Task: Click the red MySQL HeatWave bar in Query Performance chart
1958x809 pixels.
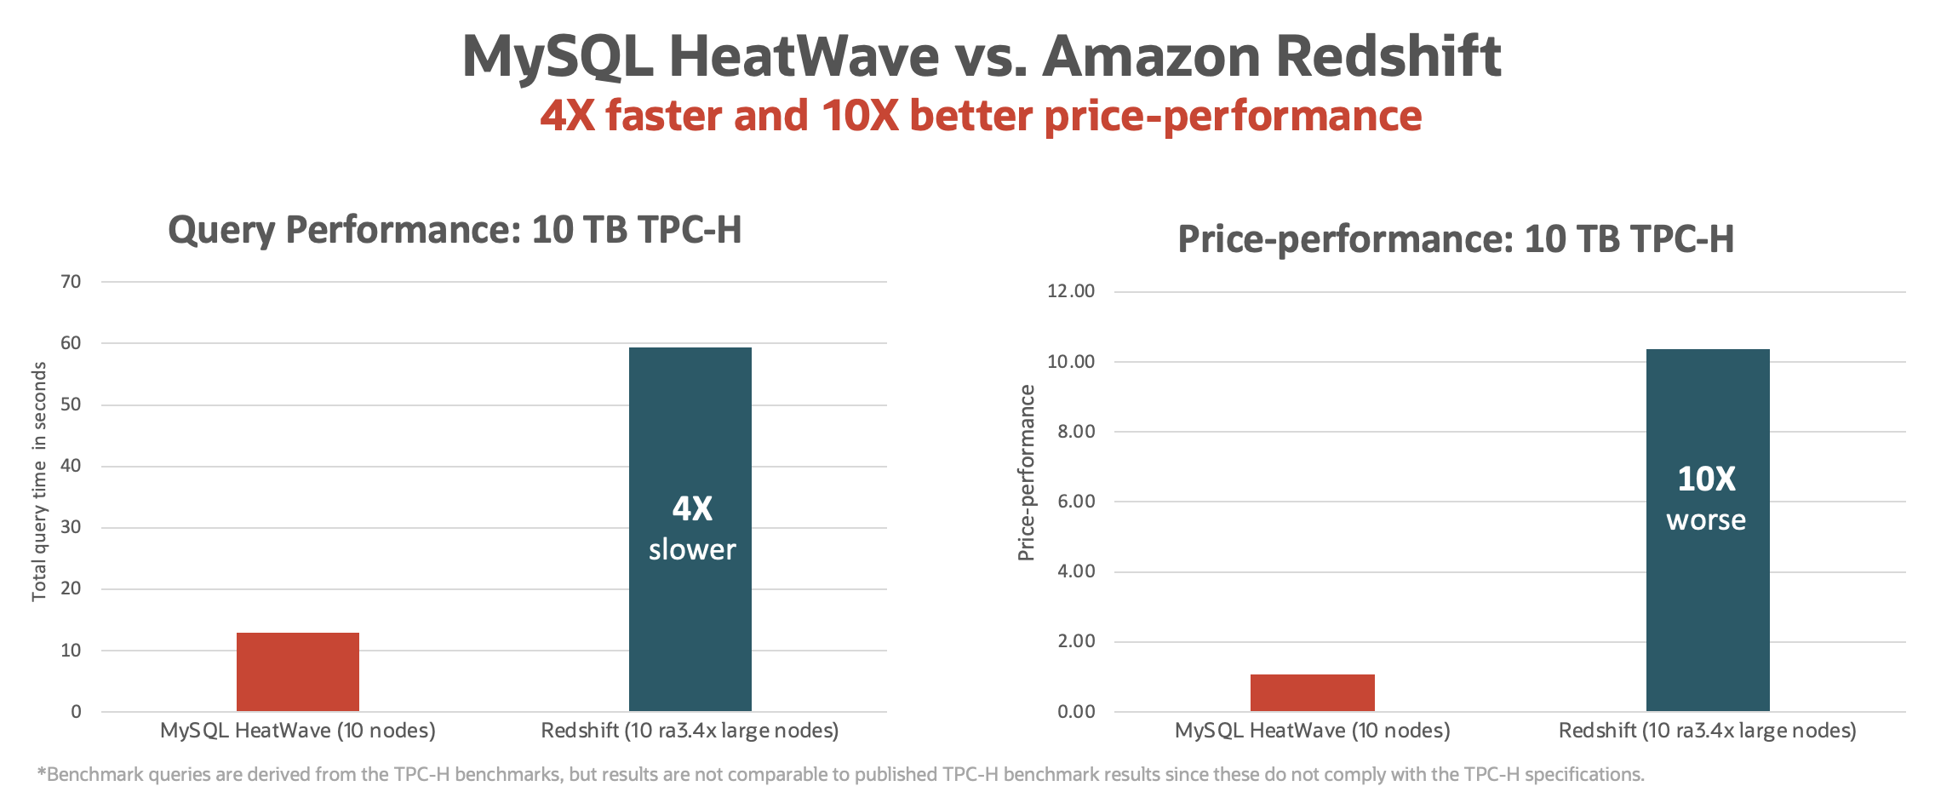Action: pos(298,672)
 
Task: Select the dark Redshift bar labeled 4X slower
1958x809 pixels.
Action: pos(690,426)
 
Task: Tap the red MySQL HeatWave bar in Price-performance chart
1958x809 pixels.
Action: pos(1312,692)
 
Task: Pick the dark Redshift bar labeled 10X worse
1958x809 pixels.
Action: pos(1708,409)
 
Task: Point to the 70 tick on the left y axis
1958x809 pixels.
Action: pos(72,282)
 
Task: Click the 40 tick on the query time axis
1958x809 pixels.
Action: pos(72,466)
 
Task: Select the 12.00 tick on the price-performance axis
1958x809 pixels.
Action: pos(1071,291)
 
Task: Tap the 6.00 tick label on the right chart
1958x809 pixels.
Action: pos(1076,502)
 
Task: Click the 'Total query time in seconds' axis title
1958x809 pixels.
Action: pos(39,481)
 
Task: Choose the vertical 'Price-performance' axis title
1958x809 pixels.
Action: pos(1027,473)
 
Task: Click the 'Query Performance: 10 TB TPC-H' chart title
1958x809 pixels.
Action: pos(455,230)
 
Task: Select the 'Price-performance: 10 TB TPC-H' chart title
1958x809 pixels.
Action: pos(1456,239)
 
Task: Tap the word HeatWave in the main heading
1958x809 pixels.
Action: pos(804,56)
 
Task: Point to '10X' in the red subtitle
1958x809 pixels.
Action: pos(860,116)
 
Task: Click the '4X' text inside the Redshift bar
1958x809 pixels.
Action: pos(692,508)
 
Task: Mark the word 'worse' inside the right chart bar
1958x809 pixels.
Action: pos(1706,519)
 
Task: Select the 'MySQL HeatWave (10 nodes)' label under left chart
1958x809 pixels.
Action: pos(298,731)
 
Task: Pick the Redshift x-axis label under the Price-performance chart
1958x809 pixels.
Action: pos(1707,731)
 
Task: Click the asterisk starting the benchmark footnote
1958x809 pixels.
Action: pos(41,772)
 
